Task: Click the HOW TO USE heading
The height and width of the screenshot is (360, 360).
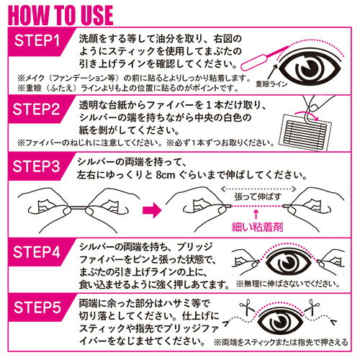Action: pyautogui.click(x=60, y=15)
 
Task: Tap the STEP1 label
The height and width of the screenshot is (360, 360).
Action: pyautogui.click(x=37, y=40)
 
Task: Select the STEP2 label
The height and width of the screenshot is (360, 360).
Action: pyautogui.click(x=36, y=109)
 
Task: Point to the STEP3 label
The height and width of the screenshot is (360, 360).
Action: pyautogui.click(x=36, y=166)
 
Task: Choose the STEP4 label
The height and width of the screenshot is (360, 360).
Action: pyautogui.click(x=37, y=252)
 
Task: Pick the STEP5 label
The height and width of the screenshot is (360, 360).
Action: pyautogui.click(x=37, y=307)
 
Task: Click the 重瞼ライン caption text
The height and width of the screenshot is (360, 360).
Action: pyautogui.click(x=271, y=84)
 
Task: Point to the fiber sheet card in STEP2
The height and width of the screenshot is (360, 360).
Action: pyautogui.click(x=305, y=132)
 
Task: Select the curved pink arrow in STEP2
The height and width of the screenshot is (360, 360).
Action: pyautogui.click(x=307, y=114)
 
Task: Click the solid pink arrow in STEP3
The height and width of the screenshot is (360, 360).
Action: pyautogui.click(x=152, y=210)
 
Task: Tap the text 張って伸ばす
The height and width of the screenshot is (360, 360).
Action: pyautogui.click(x=258, y=197)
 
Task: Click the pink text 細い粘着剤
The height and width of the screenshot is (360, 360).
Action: pyautogui.click(x=257, y=227)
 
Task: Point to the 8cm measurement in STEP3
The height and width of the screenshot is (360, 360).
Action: pyautogui.click(x=166, y=175)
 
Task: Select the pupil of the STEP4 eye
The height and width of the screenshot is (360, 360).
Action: pyautogui.click(x=288, y=262)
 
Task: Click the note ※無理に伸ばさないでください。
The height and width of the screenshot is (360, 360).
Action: pyautogui.click(x=288, y=284)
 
